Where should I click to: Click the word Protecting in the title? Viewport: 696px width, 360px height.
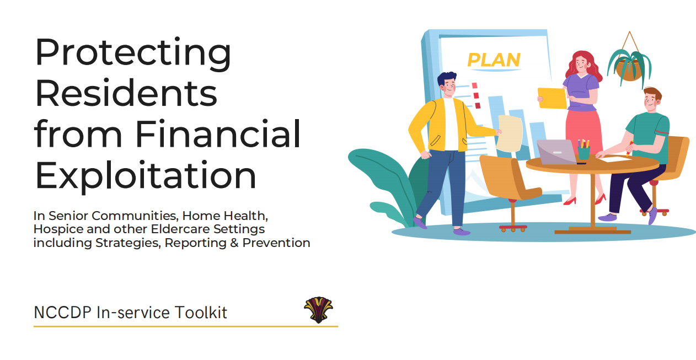(133, 53)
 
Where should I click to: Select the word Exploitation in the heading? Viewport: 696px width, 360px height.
(146, 176)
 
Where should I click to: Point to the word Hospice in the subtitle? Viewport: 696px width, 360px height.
(58, 230)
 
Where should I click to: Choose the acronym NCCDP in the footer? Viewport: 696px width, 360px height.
(62, 313)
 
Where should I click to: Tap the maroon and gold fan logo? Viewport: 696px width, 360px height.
(318, 310)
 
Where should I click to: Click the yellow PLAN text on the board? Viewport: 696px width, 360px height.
(494, 60)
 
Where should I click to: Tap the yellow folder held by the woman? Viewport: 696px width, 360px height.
(552, 99)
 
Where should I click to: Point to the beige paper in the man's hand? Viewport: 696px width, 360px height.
(509, 133)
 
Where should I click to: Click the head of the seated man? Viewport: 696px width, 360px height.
(652, 100)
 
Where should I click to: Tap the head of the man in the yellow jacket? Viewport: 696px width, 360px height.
(447, 84)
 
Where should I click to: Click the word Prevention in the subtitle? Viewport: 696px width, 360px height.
(276, 243)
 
